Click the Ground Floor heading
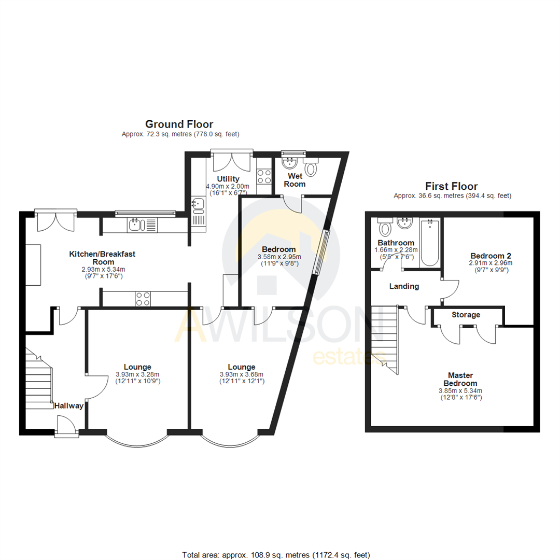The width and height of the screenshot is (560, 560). click(x=179, y=124)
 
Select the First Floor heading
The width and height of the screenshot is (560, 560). click(x=451, y=186)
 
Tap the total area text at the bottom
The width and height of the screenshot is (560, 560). click(x=276, y=554)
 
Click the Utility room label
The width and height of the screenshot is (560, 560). click(x=228, y=179)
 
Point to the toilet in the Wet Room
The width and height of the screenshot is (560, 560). click(x=311, y=169)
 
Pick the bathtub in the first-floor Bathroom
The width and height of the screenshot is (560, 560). click(x=430, y=242)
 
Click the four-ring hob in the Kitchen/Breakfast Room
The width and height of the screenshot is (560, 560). click(x=143, y=298)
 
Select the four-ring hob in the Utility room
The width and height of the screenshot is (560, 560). click(x=264, y=176)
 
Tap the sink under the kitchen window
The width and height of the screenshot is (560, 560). click(x=136, y=225)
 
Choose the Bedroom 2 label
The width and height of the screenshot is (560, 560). click(x=491, y=256)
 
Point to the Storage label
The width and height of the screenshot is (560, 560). click(x=466, y=315)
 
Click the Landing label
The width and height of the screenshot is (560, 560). click(x=404, y=286)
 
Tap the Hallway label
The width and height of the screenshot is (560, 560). click(x=69, y=406)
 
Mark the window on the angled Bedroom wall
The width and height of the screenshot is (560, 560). click(x=321, y=251)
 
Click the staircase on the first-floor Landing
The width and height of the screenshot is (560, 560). click(x=385, y=337)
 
